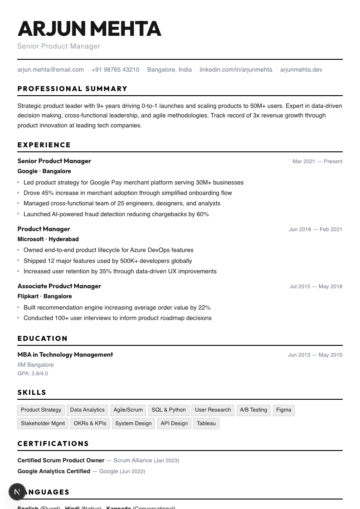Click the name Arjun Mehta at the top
[89, 29]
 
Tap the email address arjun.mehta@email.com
[50, 70]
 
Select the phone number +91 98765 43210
[115, 70]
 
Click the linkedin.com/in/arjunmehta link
[236, 70]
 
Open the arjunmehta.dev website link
[301, 70]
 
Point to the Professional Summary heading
[73, 89]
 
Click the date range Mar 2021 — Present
[317, 161]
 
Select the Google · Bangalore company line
[44, 171]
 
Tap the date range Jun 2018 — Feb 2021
[316, 229]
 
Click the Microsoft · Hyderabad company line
[48, 239]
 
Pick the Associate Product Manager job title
[59, 286]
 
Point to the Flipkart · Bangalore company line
[44, 296]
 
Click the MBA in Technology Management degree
[65, 354]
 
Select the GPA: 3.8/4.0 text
[33, 373]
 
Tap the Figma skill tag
[283, 410]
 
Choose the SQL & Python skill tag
[169, 410]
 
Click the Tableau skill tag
[206, 423]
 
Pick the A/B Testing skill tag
[253, 410]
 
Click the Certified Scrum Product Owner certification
[61, 461]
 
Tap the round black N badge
[17, 491]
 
